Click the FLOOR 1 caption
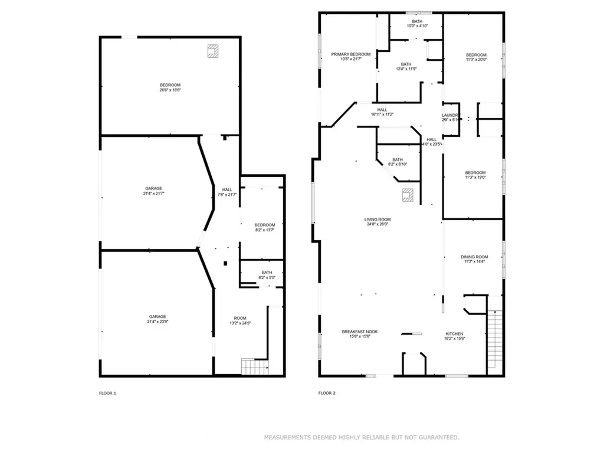(107, 393)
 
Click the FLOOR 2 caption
(327, 393)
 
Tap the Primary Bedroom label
(350, 54)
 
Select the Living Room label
(377, 219)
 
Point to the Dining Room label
(474, 257)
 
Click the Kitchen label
(454, 334)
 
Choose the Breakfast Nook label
(360, 332)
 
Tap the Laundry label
(451, 115)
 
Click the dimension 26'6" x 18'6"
(170, 90)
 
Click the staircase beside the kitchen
(494, 340)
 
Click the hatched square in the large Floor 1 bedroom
(212, 51)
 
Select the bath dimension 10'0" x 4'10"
(417, 26)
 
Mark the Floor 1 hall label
(227, 189)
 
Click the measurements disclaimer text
(361, 438)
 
